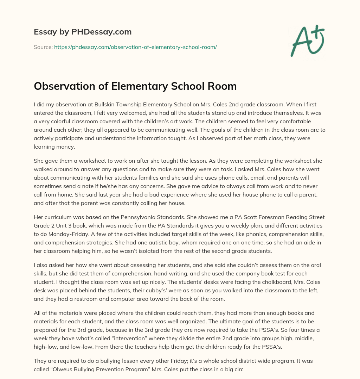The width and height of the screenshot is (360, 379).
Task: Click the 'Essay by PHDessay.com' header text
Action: click(x=83, y=32)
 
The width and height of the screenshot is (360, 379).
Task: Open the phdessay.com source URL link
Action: click(x=135, y=47)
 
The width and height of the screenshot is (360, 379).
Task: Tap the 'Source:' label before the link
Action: click(x=43, y=47)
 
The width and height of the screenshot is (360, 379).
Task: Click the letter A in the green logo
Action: click(x=301, y=42)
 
